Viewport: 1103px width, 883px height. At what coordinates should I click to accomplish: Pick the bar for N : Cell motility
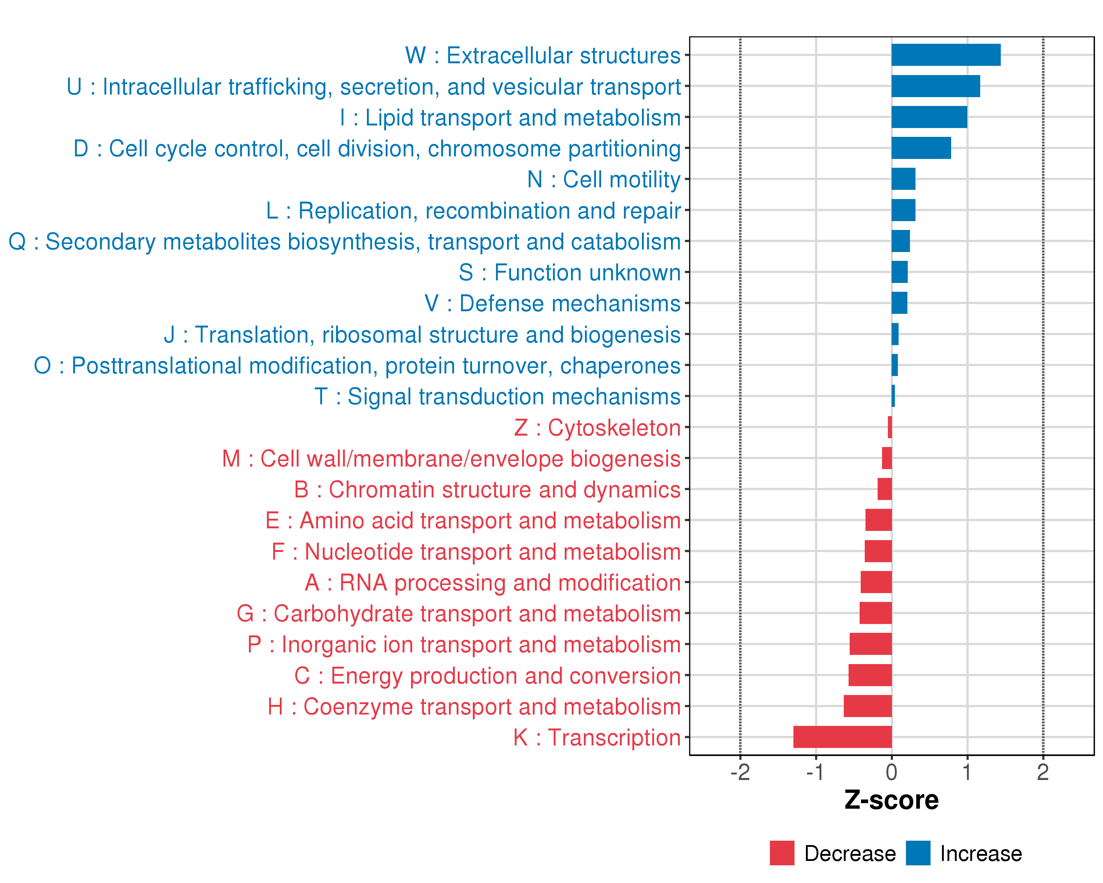pyautogui.click(x=903, y=179)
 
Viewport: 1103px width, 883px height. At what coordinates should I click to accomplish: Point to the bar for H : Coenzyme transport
pyautogui.click(x=867, y=706)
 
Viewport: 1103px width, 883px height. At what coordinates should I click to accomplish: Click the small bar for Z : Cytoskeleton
pyautogui.click(x=890, y=427)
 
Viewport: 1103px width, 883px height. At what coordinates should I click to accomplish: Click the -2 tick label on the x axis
pyautogui.click(x=740, y=772)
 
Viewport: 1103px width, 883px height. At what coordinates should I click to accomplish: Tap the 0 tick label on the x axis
pyautogui.click(x=891, y=772)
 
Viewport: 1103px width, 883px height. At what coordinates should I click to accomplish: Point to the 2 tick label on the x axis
pyautogui.click(x=1043, y=772)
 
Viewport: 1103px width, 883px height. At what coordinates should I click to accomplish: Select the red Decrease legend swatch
pyautogui.click(x=782, y=853)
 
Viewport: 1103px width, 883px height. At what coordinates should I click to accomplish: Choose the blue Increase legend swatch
pyautogui.click(x=918, y=853)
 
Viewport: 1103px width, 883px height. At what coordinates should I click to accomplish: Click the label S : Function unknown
pyautogui.click(x=570, y=272)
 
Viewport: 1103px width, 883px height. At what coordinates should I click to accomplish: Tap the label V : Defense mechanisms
pyautogui.click(x=553, y=303)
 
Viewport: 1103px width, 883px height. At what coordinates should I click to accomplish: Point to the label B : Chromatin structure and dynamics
pyautogui.click(x=487, y=489)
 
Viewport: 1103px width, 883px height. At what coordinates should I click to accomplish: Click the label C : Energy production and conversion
pyautogui.click(x=487, y=676)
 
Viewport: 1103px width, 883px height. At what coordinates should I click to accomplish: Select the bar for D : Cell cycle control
pyautogui.click(x=921, y=148)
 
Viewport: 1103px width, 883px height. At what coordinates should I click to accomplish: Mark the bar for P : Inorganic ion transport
pyautogui.click(x=870, y=644)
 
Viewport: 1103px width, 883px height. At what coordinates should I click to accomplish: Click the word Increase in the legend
pyautogui.click(x=981, y=853)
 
